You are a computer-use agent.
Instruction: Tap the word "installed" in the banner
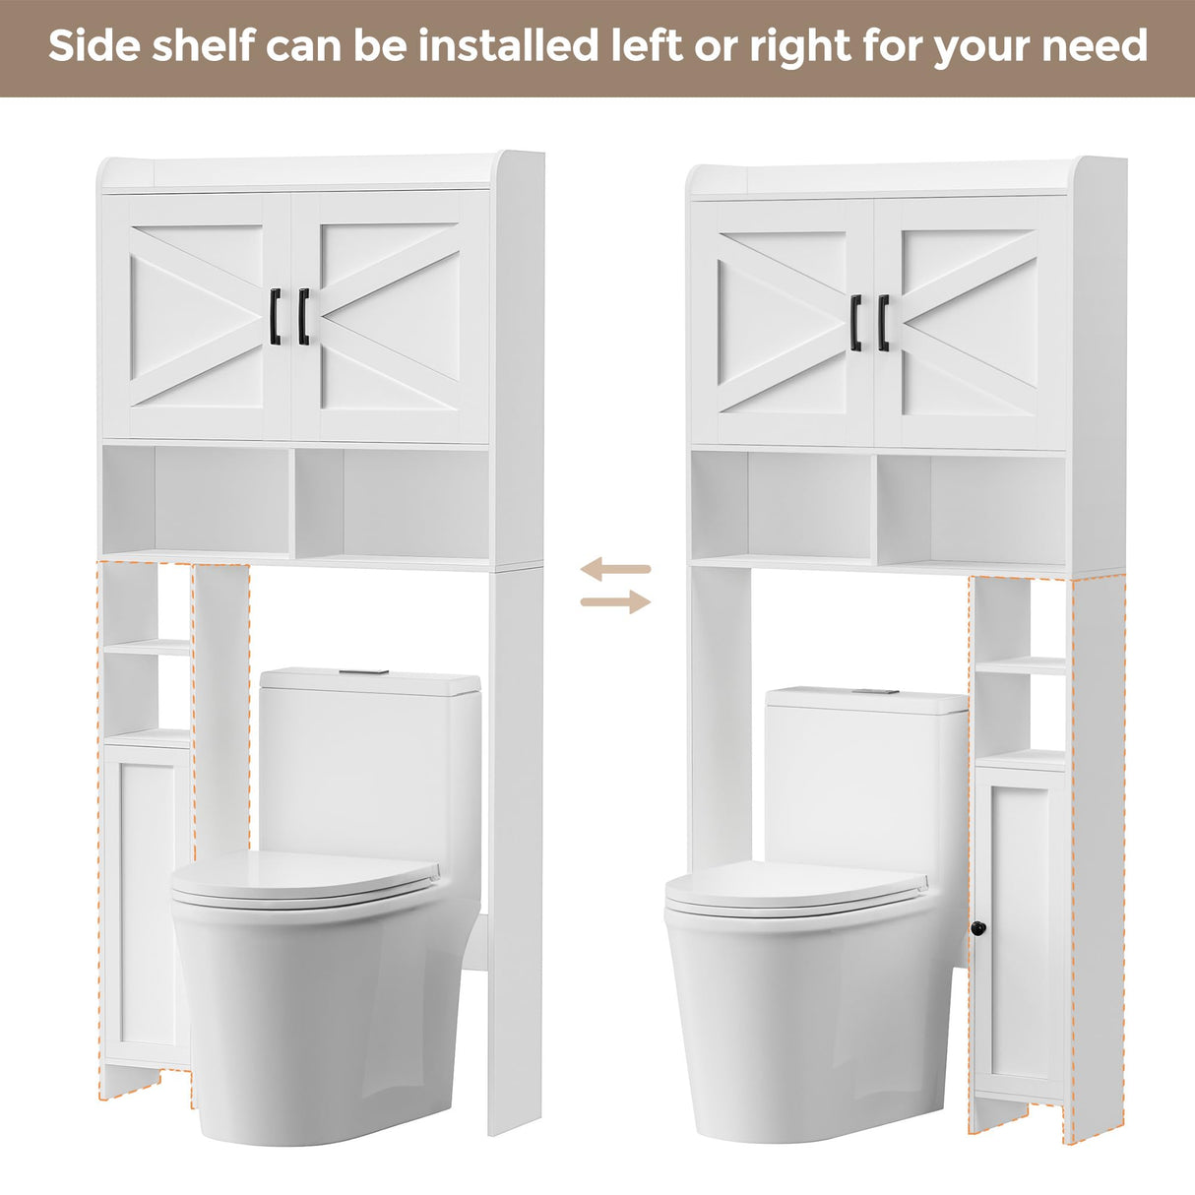pyautogui.click(x=499, y=46)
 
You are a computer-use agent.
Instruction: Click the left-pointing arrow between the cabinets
pyautogui.click(x=615, y=569)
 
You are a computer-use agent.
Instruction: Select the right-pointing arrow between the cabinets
pyautogui.click(x=615, y=601)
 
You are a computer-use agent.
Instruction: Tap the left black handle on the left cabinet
pyautogui.click(x=276, y=316)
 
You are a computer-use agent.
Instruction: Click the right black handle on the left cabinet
pyautogui.click(x=303, y=316)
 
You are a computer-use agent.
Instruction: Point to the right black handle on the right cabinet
pyautogui.click(x=884, y=322)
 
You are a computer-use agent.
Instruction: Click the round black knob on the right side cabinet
pyautogui.click(x=977, y=928)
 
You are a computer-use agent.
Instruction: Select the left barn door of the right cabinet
pyautogui.click(x=782, y=322)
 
